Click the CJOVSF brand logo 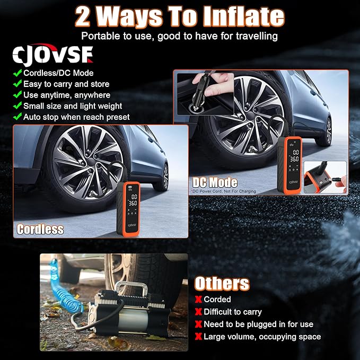[53, 55]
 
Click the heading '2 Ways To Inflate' [180, 17]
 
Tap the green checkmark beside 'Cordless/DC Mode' [18, 73]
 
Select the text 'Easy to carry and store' [66, 84]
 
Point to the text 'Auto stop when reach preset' [76, 117]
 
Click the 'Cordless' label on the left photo [40, 229]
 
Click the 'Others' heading [222, 284]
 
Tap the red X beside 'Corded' [198, 300]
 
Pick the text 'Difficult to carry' [233, 312]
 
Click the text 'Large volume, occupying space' [262, 337]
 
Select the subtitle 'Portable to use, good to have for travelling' [180, 37]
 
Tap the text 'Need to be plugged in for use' [258, 324]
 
